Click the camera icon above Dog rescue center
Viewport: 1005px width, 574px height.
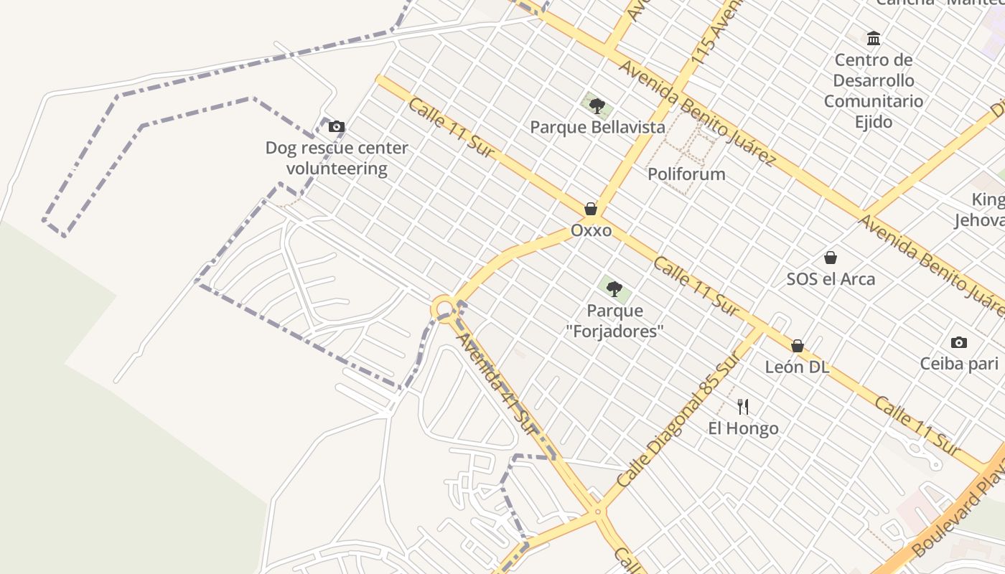click(x=336, y=127)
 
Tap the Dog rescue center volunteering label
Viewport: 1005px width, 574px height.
click(x=337, y=158)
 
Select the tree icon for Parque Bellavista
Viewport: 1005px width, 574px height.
click(x=597, y=106)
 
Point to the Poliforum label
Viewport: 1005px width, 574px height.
click(x=686, y=174)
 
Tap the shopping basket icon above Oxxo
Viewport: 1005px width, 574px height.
click(x=591, y=209)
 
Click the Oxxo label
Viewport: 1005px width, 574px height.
click(x=592, y=230)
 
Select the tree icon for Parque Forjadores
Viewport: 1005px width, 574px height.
click(x=614, y=289)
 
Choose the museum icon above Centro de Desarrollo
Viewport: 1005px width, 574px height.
click(x=874, y=38)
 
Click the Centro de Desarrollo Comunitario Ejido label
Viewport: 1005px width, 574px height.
click(x=874, y=90)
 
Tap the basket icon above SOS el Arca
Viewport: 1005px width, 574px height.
click(x=831, y=257)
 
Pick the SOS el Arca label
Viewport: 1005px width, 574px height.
click(x=831, y=278)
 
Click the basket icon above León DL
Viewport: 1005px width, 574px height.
click(x=797, y=346)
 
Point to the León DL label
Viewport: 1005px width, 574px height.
click(x=797, y=367)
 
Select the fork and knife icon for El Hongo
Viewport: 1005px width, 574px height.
click(x=743, y=407)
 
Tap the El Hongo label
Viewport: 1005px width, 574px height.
click(x=743, y=428)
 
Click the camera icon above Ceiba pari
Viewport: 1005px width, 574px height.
click(x=958, y=342)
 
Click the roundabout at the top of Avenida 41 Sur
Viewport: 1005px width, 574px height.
click(x=444, y=309)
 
